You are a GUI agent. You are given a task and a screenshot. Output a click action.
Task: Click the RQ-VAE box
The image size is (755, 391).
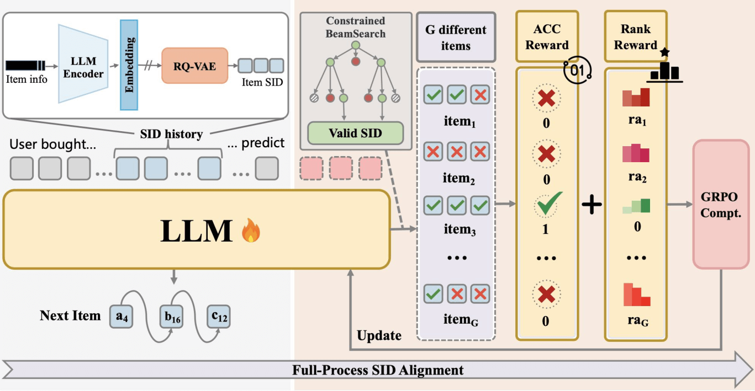click(194, 65)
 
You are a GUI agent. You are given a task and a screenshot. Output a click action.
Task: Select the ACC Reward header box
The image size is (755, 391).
click(546, 37)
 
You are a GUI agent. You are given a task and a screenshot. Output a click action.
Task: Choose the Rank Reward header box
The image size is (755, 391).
click(635, 37)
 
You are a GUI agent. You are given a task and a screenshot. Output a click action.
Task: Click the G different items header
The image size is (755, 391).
click(456, 37)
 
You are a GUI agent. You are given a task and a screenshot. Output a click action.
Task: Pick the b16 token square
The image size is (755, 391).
click(171, 315)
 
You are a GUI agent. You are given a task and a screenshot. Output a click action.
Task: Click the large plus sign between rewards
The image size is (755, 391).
click(592, 205)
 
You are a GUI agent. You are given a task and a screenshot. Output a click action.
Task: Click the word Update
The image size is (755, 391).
click(379, 335)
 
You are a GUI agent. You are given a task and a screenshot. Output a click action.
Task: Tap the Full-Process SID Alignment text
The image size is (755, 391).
click(378, 369)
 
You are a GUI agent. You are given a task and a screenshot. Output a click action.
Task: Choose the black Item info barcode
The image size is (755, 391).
click(25, 65)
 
